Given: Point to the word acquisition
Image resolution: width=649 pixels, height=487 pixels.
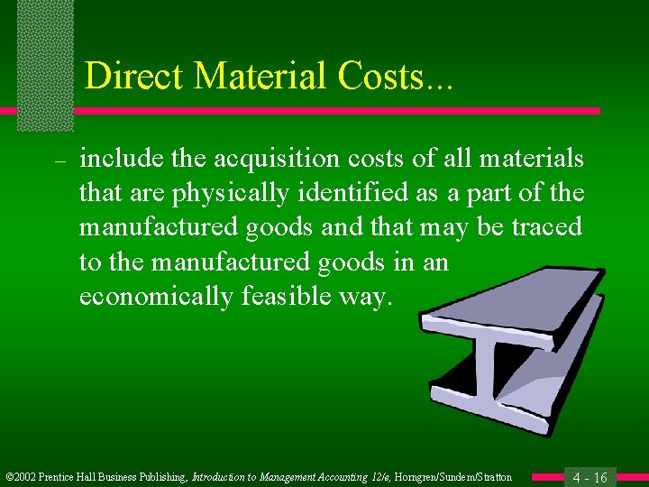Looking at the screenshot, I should (x=294, y=161).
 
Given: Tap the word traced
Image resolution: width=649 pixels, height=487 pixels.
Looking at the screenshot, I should (x=547, y=227).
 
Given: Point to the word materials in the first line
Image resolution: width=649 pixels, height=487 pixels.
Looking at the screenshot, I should (x=534, y=161).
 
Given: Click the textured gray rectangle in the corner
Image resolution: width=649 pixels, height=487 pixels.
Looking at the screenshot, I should (x=45, y=63).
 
